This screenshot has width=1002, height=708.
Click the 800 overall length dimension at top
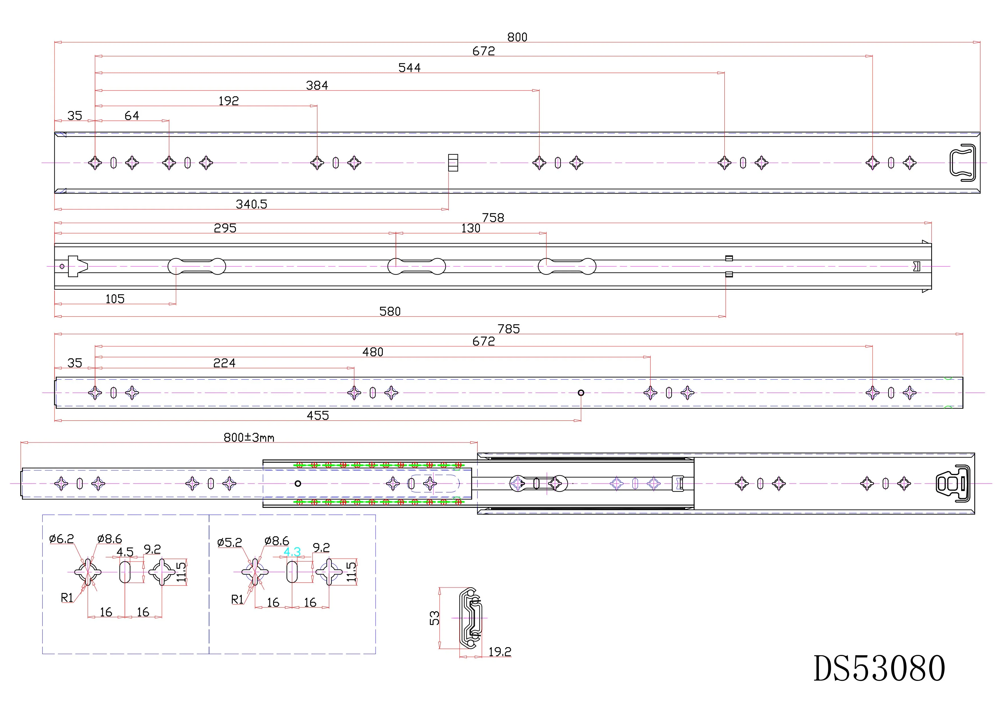[x=517, y=37]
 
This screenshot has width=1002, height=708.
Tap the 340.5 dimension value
[x=251, y=204]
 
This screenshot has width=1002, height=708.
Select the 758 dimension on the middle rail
[x=493, y=218]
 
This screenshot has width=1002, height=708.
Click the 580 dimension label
[x=390, y=311]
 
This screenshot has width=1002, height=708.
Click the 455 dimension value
[x=318, y=415]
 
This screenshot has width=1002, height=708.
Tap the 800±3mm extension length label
[x=249, y=438]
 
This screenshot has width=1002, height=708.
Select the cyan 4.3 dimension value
[x=292, y=552]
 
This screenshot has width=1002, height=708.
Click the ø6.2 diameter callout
[x=61, y=539]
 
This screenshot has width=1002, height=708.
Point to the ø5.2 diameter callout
[x=230, y=543]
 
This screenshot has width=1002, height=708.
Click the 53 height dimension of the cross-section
[x=435, y=618]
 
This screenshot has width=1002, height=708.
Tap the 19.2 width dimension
[x=500, y=652]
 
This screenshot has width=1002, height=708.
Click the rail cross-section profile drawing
[x=470, y=618]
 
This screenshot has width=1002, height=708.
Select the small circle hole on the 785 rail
[x=581, y=393]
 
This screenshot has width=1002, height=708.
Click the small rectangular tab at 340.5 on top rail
[x=453, y=163]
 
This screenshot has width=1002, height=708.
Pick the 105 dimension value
[x=115, y=299]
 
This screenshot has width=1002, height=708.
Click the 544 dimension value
[x=409, y=68]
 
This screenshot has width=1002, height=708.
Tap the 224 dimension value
[x=224, y=363]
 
